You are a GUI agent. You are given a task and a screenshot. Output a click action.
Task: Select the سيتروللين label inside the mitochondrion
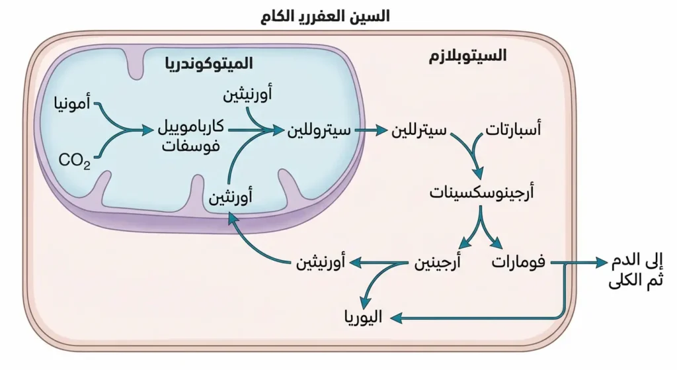tap(318, 130)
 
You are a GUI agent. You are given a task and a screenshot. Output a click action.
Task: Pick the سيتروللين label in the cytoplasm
tap(419, 130)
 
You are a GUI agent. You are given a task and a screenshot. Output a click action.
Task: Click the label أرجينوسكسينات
tap(482, 193)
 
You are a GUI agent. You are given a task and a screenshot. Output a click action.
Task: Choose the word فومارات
tap(518, 263)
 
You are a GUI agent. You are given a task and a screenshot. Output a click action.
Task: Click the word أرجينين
tap(437, 263)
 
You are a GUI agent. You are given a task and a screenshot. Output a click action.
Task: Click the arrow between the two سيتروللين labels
tap(370, 130)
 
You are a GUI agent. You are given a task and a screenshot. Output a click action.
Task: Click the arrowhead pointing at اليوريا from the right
tap(395, 318)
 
